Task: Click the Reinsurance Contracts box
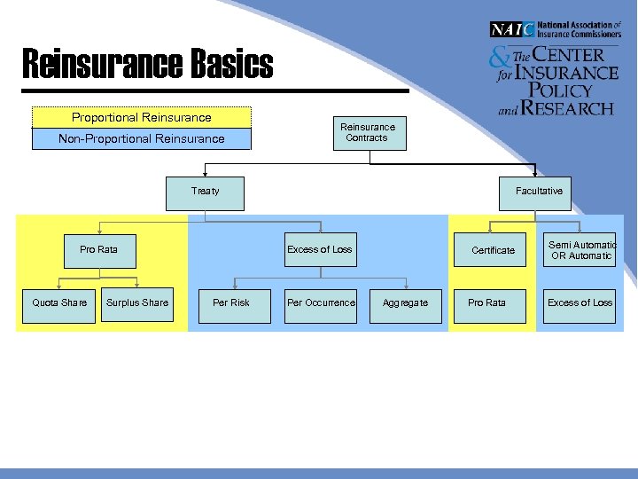click(369, 132)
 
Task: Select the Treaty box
click(205, 192)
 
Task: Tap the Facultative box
click(538, 192)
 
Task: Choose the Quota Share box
click(59, 303)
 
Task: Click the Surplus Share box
click(136, 303)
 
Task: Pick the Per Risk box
click(232, 303)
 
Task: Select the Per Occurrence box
click(320, 303)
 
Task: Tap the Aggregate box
click(405, 303)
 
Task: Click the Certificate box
click(493, 250)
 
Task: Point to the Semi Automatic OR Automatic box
click(580, 250)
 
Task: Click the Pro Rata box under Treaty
click(99, 250)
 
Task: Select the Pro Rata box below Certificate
click(487, 303)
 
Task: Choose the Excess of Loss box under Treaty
click(319, 250)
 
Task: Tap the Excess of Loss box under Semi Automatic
click(580, 303)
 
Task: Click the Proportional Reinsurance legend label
click(142, 117)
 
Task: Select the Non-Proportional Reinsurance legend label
click(142, 139)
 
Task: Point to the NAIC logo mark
click(512, 29)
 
